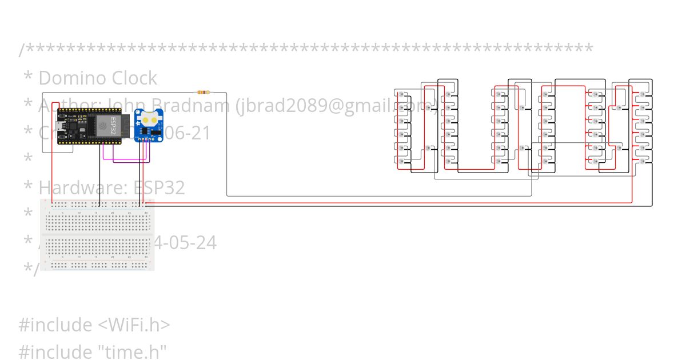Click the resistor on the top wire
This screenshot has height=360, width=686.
pos(203,92)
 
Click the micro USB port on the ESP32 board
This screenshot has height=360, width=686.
pos(60,126)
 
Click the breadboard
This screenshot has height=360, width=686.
pos(98,234)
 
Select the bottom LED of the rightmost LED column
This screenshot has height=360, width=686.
pos(644,162)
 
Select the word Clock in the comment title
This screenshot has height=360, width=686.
pos(134,78)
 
